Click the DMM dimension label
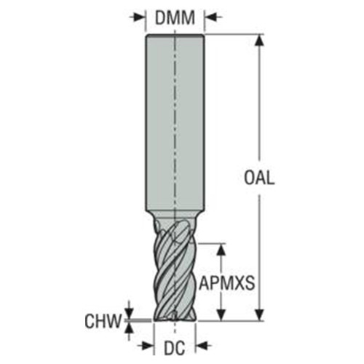pyautogui.click(x=175, y=16)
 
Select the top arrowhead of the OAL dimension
pyautogui.click(x=258, y=40)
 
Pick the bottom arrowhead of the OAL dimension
pyautogui.click(x=258, y=315)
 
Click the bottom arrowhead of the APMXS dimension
pyautogui.click(x=224, y=315)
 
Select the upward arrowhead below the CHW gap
pyautogui.click(x=130, y=325)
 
